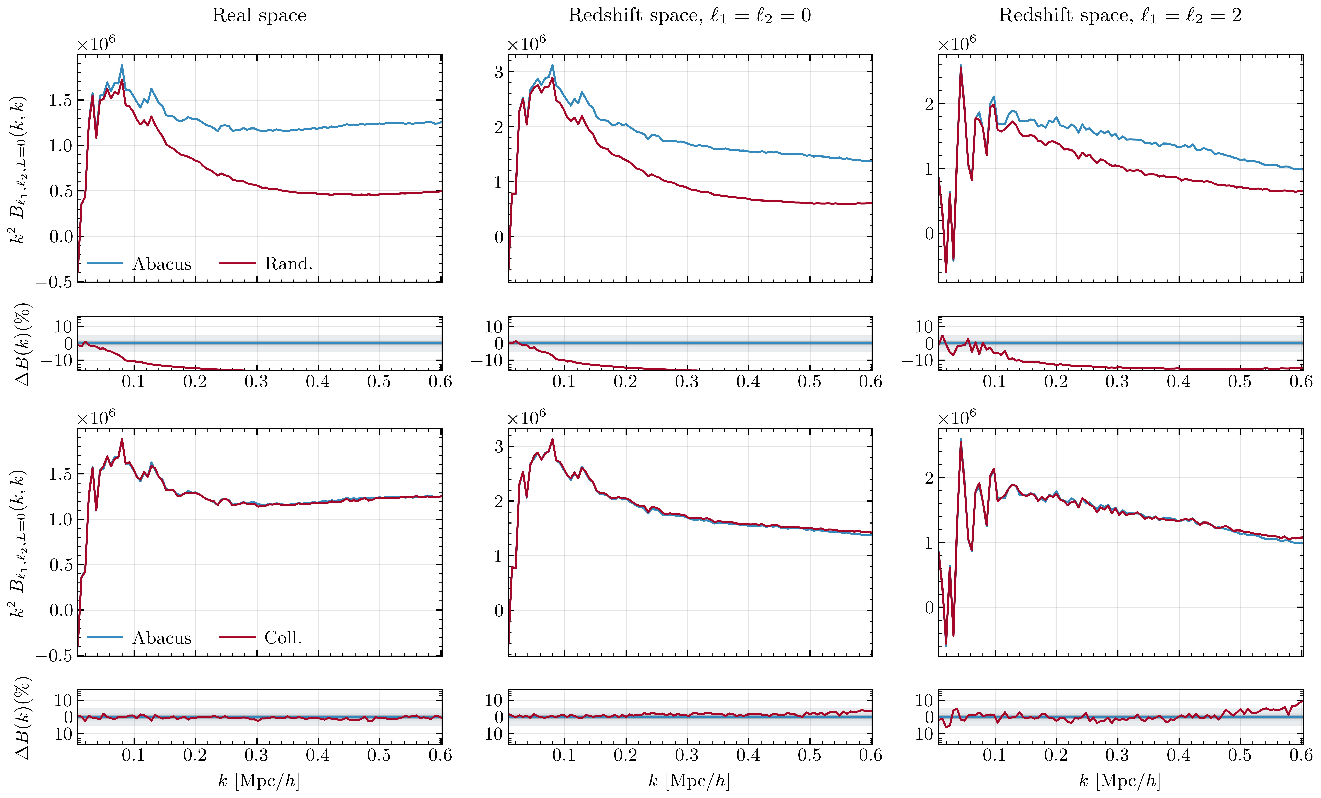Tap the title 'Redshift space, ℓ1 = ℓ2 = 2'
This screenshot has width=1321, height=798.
[x=1120, y=15]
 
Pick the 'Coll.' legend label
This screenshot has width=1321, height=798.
[x=283, y=638]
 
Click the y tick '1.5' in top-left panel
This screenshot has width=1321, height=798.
[x=60, y=100]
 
